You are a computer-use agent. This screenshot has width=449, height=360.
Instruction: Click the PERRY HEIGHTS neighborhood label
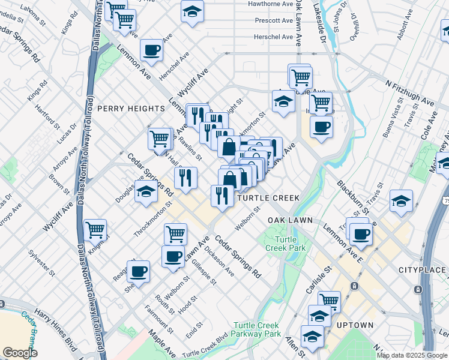coord(131,109)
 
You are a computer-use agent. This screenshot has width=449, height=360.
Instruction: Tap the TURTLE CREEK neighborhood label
coord(268,197)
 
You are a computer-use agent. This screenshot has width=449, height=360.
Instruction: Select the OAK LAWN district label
coord(290,220)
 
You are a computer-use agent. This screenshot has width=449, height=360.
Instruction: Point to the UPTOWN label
coord(355,325)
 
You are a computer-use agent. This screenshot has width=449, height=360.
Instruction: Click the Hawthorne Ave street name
coord(271,4)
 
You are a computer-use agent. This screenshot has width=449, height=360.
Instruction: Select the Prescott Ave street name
coord(273,20)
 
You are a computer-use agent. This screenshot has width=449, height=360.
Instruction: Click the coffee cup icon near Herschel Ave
coord(152,50)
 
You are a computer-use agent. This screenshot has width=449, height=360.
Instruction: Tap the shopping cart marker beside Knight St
coord(95,229)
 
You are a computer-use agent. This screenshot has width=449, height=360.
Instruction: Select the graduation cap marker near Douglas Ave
coord(146,192)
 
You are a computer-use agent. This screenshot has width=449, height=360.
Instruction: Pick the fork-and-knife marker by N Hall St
coord(185,177)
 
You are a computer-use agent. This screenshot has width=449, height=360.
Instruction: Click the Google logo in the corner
coord(20,353)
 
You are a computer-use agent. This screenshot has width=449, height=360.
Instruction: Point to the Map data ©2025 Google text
coord(412,355)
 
